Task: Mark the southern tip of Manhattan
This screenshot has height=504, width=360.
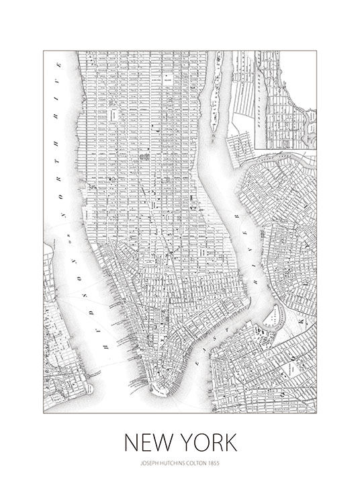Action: (x=155, y=392)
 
